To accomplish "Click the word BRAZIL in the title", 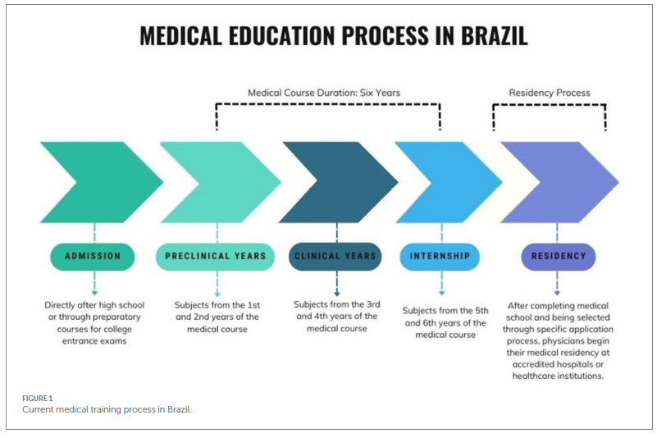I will pyautogui.click(x=486, y=36).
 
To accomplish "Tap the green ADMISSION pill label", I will pyautogui.click(x=93, y=256).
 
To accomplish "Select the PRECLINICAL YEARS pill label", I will pyautogui.click(x=216, y=256).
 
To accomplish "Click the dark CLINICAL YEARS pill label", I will pyautogui.click(x=336, y=256).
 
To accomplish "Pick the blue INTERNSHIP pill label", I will pyautogui.click(x=440, y=256).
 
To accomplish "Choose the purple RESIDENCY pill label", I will pyautogui.click(x=559, y=256).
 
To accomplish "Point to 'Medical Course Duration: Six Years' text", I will pyautogui.click(x=324, y=93).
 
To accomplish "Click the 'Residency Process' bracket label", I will pyautogui.click(x=550, y=93).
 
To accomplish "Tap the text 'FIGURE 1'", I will pyautogui.click(x=36, y=399).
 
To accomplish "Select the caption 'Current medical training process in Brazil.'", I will pyautogui.click(x=107, y=408).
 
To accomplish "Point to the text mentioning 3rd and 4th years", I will pyautogui.click(x=336, y=316).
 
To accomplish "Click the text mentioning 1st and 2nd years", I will pyautogui.click(x=217, y=317).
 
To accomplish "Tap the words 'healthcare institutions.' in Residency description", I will pyautogui.click(x=557, y=376).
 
